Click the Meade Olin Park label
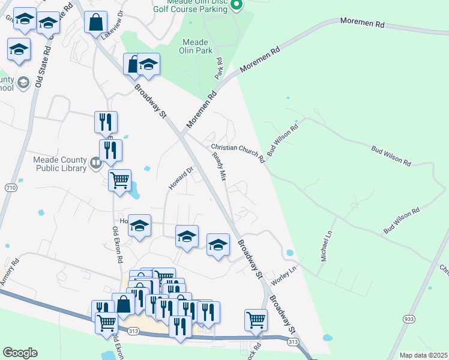195,47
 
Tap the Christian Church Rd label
238,154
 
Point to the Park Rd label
219,68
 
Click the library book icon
95,163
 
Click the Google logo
20,352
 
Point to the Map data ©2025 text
423,355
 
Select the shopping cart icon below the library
119,179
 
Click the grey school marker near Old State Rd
24,83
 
